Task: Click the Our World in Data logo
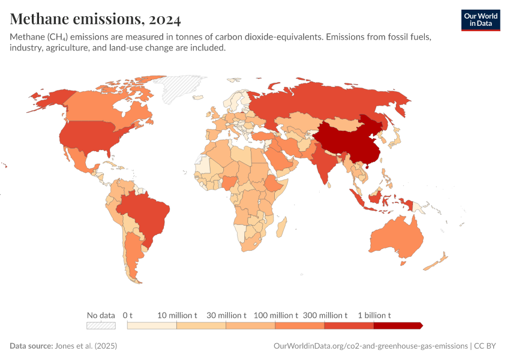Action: pos(480,20)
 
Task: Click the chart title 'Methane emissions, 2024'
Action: pos(95,19)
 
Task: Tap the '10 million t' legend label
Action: pos(177,315)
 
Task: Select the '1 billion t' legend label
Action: pos(374,315)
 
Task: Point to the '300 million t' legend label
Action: pos(325,315)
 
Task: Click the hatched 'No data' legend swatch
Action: pos(101,326)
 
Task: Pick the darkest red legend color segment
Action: pos(397,326)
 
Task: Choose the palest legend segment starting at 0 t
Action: pos(152,326)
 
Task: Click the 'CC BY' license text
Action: pos(486,346)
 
